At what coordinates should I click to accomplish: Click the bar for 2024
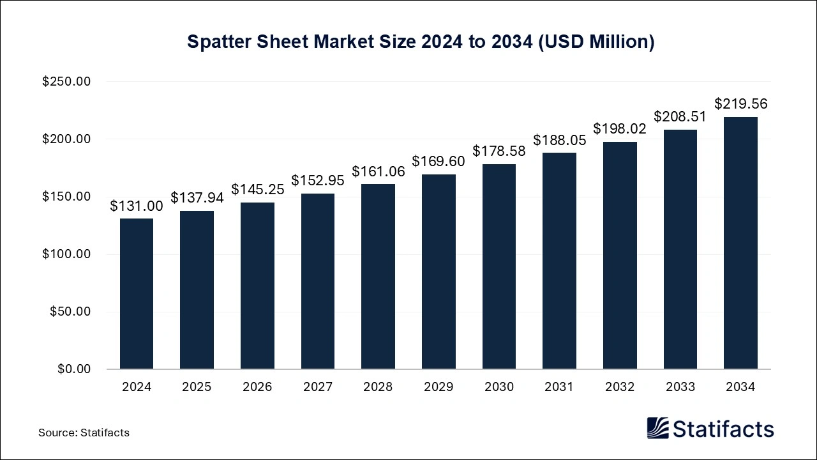(x=137, y=294)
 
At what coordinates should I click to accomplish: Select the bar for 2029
(x=438, y=272)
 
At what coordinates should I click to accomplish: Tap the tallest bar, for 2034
(x=740, y=243)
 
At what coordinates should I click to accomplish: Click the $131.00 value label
(x=137, y=206)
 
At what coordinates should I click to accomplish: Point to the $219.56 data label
(x=740, y=104)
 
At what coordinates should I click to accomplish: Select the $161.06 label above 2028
(x=378, y=171)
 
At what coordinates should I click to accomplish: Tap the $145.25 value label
(x=257, y=189)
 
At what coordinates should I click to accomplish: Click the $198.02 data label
(x=620, y=128)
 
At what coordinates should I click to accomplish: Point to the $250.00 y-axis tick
(x=66, y=82)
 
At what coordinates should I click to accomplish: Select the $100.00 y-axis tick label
(x=66, y=254)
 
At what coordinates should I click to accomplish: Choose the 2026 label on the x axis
(x=257, y=387)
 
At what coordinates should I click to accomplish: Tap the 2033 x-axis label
(x=680, y=387)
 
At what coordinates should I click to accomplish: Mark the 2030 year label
(x=499, y=387)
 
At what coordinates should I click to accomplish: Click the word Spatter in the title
(x=216, y=42)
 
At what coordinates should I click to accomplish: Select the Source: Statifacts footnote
(x=84, y=433)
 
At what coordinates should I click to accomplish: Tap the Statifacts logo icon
(x=657, y=428)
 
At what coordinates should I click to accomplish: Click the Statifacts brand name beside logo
(x=724, y=429)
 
